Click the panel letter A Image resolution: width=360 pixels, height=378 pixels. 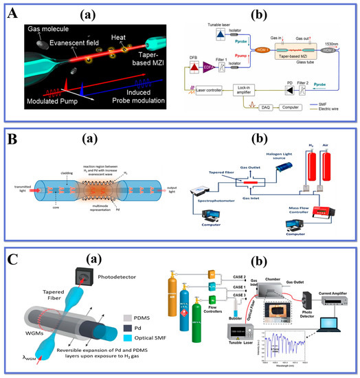(x=10, y=14)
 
